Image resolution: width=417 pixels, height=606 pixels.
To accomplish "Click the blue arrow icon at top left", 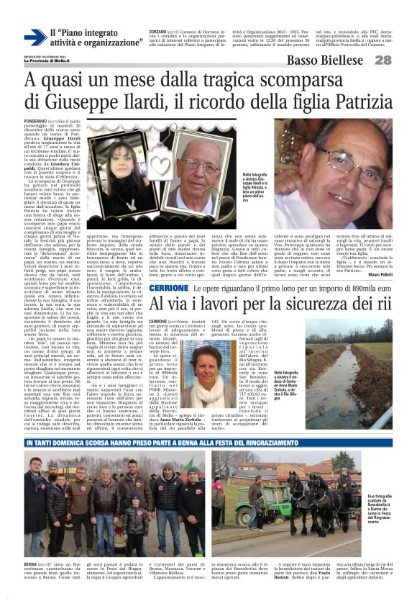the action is point(34,37).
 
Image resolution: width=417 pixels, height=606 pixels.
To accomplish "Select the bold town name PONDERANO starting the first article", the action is point(38,122).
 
